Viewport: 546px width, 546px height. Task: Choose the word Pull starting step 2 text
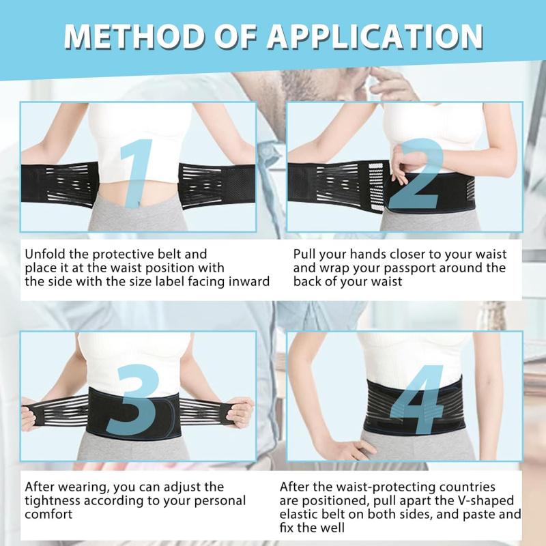point(304,254)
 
